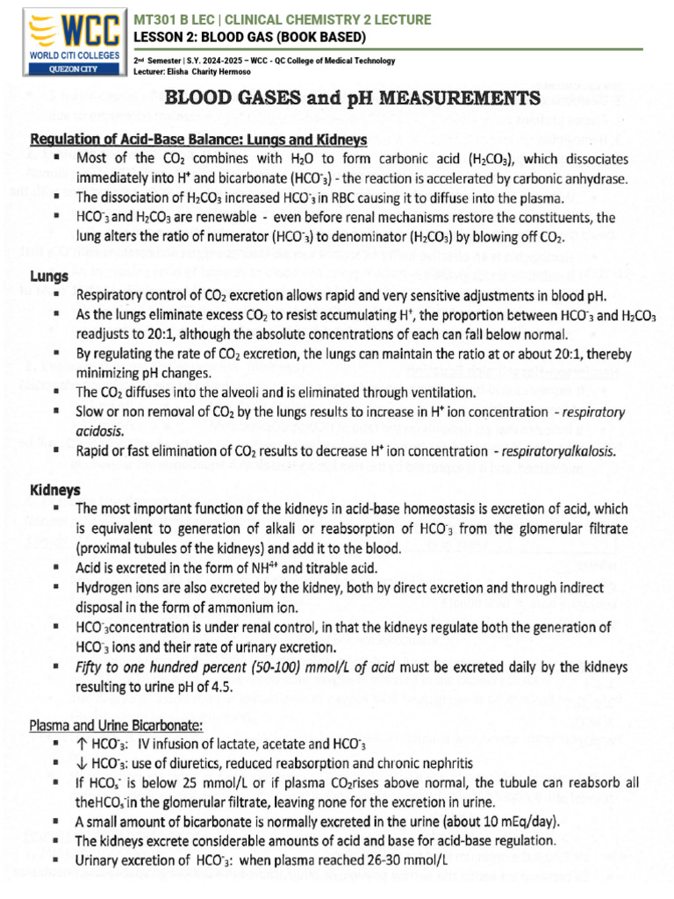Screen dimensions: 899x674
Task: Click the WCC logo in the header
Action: (63, 33)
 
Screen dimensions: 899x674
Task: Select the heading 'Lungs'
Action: (49, 275)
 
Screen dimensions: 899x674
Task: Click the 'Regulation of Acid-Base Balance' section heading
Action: (198, 140)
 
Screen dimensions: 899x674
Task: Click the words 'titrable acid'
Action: (339, 568)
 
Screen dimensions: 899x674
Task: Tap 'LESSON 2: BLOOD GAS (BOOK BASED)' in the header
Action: (249, 36)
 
